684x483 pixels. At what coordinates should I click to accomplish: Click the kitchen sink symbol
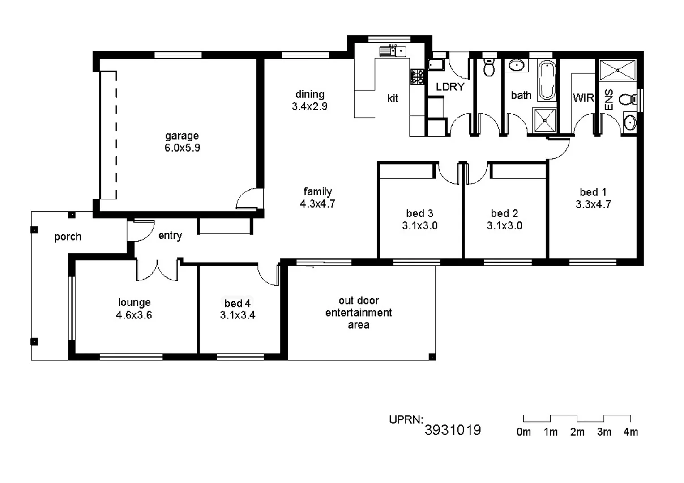coord(393,51)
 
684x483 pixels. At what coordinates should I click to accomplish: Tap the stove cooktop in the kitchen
coord(417,77)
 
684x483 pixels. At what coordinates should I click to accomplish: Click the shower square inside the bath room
coord(544,120)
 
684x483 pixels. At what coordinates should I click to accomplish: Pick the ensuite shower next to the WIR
coord(617,70)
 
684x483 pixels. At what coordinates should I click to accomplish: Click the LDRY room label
coord(450,87)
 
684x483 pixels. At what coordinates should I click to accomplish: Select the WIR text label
coord(583,97)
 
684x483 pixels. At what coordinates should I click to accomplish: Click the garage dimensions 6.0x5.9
coord(182,148)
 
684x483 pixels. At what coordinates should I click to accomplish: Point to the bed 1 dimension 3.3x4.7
coord(593,204)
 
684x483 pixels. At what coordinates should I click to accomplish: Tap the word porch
coord(68,237)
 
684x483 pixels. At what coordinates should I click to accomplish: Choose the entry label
coord(170,236)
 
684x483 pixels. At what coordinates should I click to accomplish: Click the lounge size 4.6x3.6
coord(134,315)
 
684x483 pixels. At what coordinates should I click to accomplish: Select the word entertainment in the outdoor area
coord(358,313)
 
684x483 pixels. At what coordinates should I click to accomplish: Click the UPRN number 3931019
coord(453,430)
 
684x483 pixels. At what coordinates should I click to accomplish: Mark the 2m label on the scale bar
coord(577,432)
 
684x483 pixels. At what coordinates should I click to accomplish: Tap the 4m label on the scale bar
coord(630,432)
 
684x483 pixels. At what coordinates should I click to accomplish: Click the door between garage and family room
coord(248,200)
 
